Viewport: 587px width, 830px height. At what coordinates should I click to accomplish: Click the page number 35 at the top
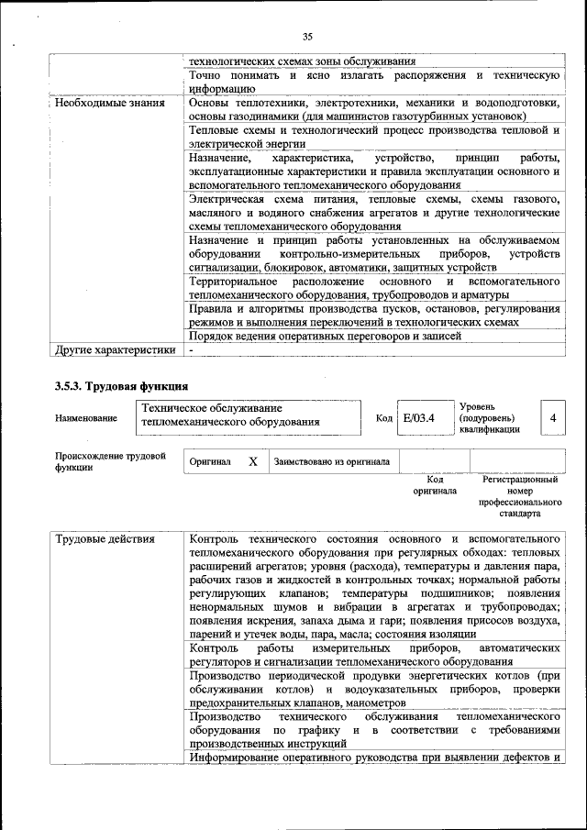click(306, 37)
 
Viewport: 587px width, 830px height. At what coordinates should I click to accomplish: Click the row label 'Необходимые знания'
click(109, 104)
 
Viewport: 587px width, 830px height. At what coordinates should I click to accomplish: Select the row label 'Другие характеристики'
click(115, 349)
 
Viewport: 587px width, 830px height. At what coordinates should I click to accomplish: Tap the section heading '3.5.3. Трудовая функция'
click(121, 386)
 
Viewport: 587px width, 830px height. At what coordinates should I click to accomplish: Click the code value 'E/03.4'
click(418, 418)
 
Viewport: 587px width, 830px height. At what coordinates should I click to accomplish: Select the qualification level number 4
click(553, 418)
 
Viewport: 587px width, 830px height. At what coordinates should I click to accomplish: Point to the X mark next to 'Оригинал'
click(253, 462)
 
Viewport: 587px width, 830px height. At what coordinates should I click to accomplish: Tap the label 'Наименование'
click(86, 419)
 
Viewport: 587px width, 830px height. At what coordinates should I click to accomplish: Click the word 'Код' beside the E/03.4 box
click(383, 418)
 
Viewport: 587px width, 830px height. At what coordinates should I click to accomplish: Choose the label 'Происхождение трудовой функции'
click(109, 460)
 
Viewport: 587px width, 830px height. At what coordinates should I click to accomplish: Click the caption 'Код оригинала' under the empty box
click(434, 485)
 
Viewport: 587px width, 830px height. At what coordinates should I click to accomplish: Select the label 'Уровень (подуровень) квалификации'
click(490, 417)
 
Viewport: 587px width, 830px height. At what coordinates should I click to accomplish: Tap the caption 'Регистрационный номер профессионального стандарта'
click(520, 496)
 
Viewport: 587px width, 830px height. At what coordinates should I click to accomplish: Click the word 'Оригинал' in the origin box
click(210, 462)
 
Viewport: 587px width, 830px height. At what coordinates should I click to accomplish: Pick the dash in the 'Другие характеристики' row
click(191, 349)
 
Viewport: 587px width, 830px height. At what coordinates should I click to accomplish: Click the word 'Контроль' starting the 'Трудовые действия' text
click(216, 538)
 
